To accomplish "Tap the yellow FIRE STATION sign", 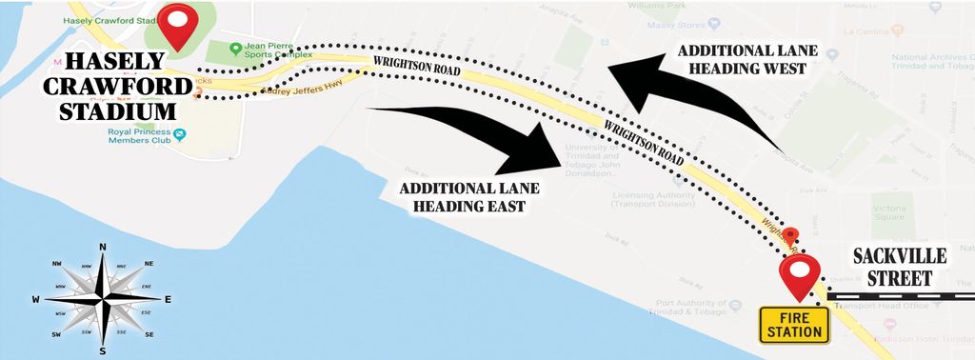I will pos(795,324).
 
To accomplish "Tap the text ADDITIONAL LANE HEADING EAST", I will pos(461,196).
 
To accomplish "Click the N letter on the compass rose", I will pos(102,246).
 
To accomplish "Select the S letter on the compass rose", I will pos(102,351).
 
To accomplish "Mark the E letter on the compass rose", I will pos(168,299).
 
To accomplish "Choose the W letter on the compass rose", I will pos(36,299).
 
